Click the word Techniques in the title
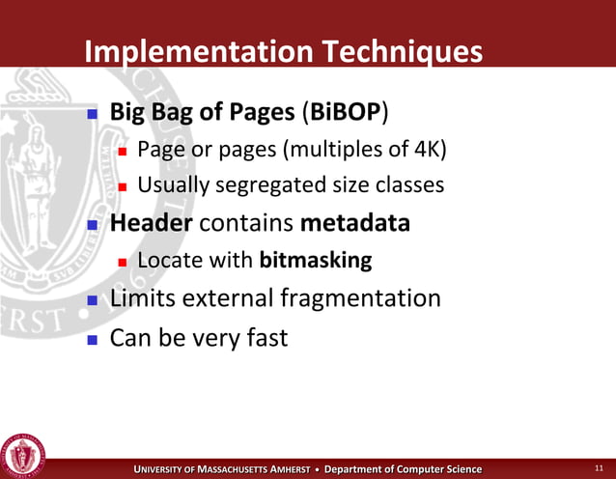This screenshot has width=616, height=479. (391, 51)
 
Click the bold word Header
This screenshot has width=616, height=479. (152, 223)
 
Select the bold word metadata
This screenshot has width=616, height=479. (355, 223)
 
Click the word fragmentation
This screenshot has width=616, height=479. (360, 298)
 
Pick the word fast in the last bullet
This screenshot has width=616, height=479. (266, 339)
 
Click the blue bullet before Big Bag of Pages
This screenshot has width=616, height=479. (93, 113)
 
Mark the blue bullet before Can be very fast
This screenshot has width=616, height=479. (93, 340)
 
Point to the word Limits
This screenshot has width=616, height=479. (143, 298)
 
